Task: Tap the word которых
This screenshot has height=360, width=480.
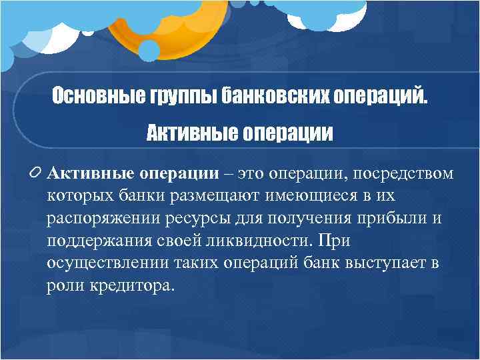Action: (77, 197)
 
